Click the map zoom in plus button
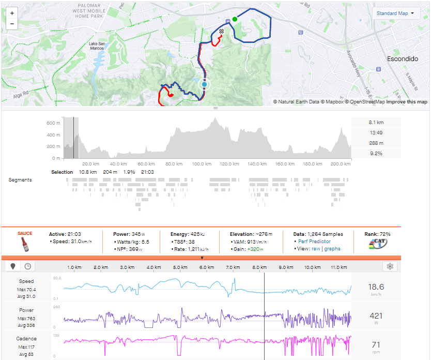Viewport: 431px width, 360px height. pos(12,12)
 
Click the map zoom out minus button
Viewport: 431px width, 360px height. pos(12,24)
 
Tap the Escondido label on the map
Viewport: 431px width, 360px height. pos(402,59)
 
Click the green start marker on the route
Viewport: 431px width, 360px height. pos(235,19)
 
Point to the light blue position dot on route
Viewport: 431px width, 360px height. pos(205,84)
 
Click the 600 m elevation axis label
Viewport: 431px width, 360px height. pos(54,123)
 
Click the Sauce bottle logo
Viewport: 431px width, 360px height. pos(25,242)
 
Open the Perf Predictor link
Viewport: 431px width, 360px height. pos(314,241)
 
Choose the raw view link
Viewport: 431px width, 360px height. pos(315,249)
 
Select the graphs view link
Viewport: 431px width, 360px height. pos(332,249)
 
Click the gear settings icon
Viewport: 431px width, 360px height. pos(390,266)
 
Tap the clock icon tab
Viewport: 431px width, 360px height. pos(27,266)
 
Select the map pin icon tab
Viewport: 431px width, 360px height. pos(13,266)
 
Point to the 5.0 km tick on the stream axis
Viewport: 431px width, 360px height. pos(180,267)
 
